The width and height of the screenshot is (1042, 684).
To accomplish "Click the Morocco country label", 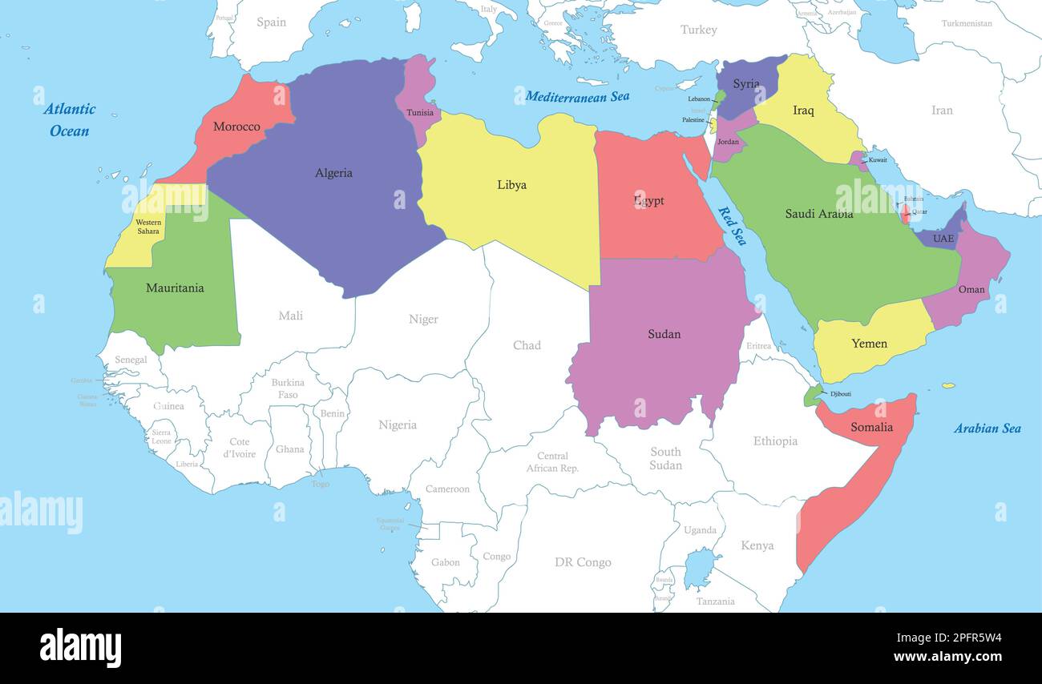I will (236, 127).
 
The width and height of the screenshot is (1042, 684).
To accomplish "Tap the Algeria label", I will (333, 173).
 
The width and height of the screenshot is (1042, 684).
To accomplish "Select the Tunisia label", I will (420, 113).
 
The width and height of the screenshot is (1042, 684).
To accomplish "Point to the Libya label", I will (511, 185).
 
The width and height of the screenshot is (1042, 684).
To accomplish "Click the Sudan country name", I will (664, 334).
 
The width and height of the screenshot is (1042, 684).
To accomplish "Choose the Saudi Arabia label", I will (818, 214).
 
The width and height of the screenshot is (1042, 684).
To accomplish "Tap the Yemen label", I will (869, 344).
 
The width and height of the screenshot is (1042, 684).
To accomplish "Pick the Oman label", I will (971, 290).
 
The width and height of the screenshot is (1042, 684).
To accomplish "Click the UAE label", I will (943, 239).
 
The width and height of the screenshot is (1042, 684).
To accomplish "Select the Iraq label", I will (803, 111).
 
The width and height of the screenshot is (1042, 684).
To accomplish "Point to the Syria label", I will (745, 84).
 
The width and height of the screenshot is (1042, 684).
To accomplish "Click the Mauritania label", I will (175, 288).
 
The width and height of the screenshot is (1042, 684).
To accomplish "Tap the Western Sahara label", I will (148, 227).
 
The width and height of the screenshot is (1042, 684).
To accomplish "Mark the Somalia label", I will (871, 427).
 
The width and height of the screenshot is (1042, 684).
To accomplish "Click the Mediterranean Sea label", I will (577, 97).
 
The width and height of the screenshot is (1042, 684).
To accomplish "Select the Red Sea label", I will (732, 226).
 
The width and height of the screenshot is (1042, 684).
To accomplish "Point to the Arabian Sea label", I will (987, 429).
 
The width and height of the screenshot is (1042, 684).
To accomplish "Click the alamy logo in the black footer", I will (80, 647).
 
